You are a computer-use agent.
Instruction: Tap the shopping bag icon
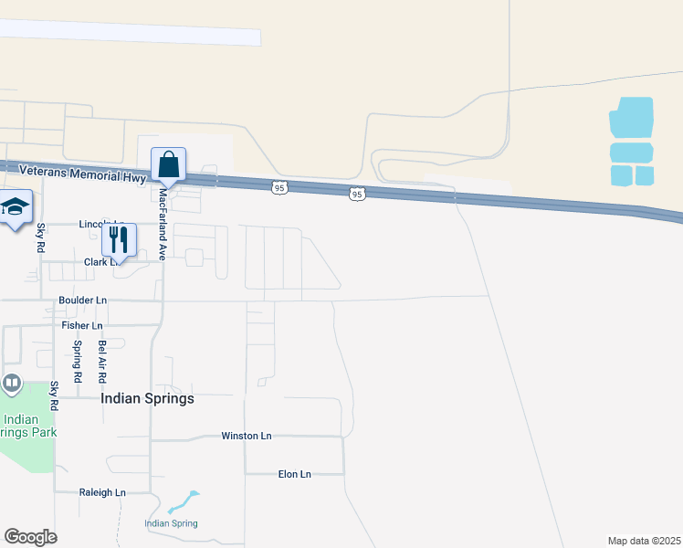click(169, 165)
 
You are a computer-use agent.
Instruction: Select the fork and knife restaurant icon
click(119, 239)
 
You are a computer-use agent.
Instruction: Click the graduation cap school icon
click(16, 207)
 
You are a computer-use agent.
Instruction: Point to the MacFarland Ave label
click(163, 225)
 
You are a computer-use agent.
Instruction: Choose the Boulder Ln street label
click(82, 300)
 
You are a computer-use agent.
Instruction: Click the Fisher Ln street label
click(82, 325)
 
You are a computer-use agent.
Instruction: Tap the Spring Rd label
click(78, 361)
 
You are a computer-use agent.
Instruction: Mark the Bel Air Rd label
click(102, 361)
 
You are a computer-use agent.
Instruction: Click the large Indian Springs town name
click(147, 398)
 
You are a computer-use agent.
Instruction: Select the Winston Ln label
click(247, 437)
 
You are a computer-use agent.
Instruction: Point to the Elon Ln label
click(294, 474)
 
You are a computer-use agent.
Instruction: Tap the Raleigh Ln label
click(102, 492)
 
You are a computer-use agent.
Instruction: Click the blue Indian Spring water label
click(171, 523)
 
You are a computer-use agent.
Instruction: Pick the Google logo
click(30, 537)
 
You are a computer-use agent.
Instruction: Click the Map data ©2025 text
click(644, 541)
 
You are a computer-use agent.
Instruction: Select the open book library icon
click(12, 383)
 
